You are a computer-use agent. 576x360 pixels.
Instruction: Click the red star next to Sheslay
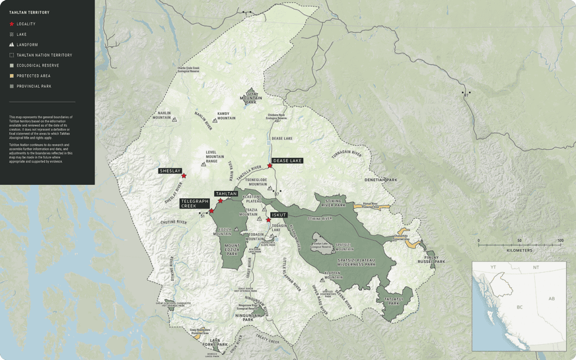[184, 176]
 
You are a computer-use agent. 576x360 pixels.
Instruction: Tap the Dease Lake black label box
[288, 161]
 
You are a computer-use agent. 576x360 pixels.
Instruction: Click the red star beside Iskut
[269, 220]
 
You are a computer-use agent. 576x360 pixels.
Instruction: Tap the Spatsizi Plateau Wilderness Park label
[356, 261]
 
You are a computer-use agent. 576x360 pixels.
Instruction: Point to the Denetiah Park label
[381, 180]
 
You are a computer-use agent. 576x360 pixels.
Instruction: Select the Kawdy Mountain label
[226, 116]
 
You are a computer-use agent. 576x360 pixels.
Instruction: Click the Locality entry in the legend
[26, 24]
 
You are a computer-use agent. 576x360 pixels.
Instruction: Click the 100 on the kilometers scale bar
[560, 241]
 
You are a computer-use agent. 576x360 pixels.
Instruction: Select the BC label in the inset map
[519, 308]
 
